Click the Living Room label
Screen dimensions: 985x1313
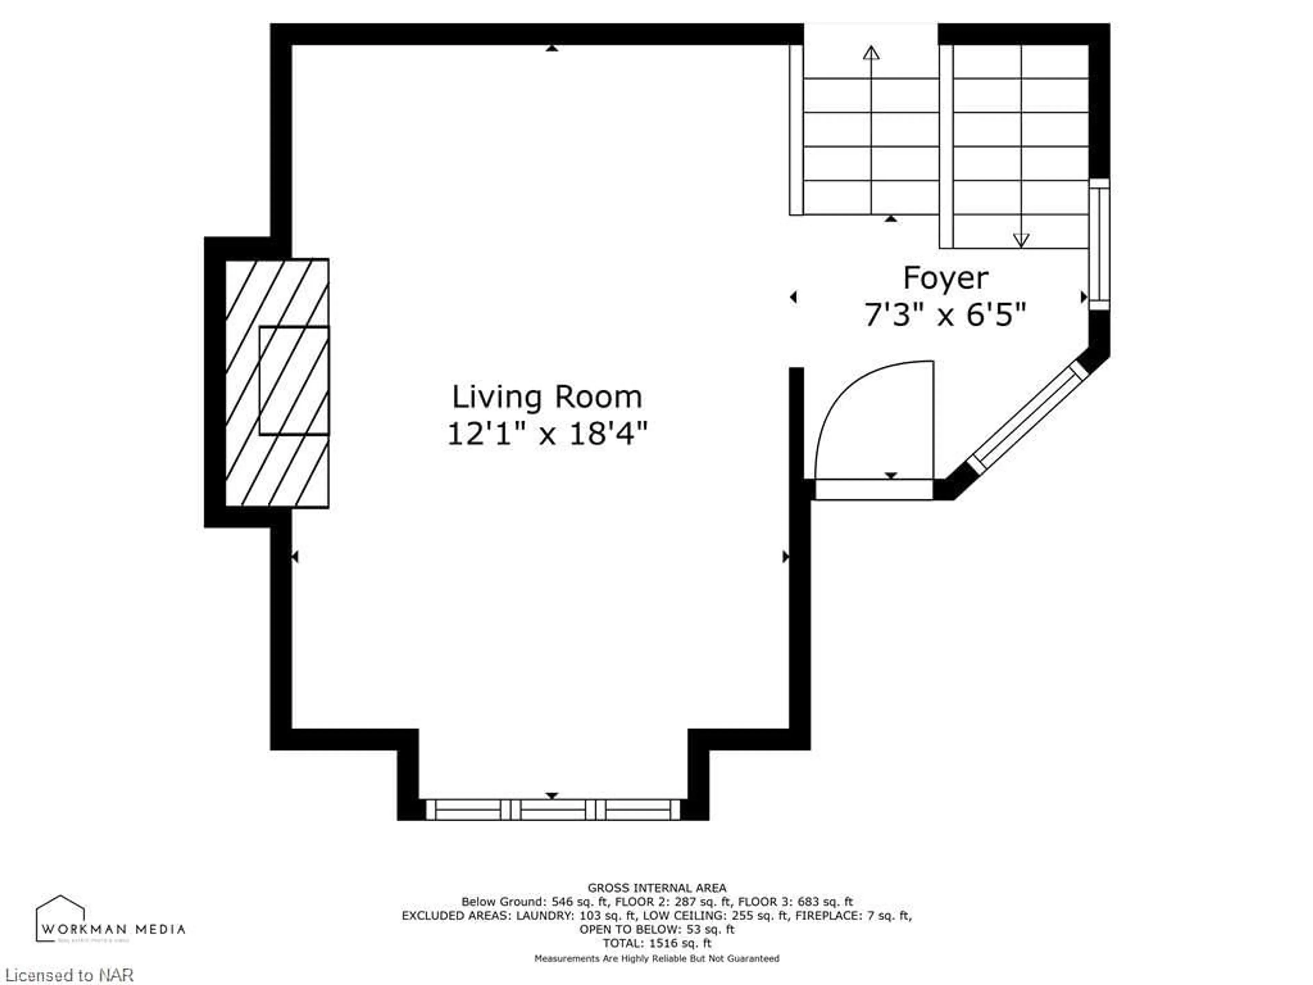(547, 397)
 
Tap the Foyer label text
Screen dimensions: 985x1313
(945, 278)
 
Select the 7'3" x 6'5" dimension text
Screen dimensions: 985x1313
(945, 315)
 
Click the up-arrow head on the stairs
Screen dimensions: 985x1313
(871, 53)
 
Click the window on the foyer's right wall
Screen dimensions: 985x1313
(1099, 244)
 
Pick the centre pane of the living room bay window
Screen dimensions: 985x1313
(553, 810)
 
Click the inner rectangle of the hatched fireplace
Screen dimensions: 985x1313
(294, 380)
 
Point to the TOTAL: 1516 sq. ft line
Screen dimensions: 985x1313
(656, 943)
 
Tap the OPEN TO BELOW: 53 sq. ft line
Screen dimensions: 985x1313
(656, 929)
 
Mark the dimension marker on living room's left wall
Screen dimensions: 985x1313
(294, 556)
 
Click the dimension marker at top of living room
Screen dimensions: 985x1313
(552, 48)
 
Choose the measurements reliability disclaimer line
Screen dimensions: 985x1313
(656, 958)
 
